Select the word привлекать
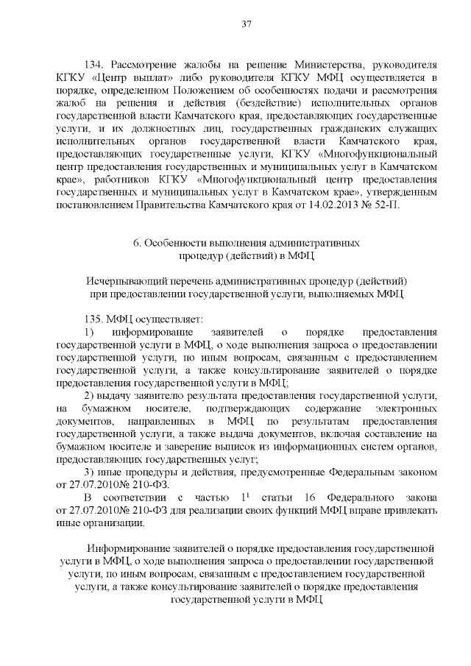[411, 509]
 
